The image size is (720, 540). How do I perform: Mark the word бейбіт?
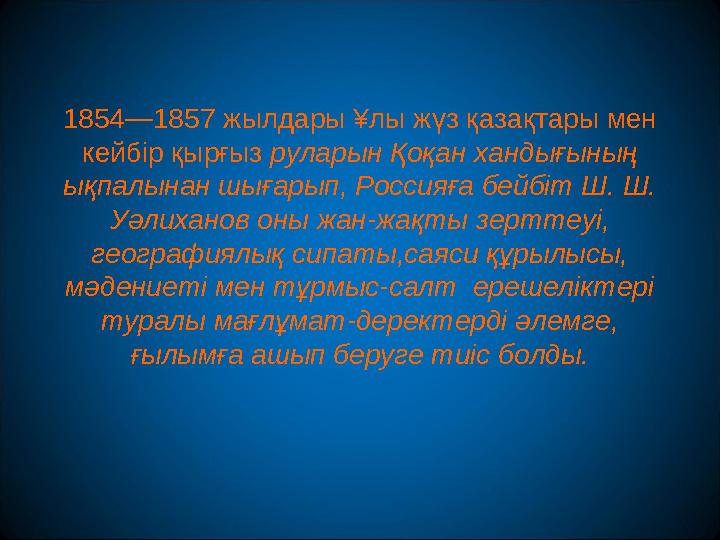525,186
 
